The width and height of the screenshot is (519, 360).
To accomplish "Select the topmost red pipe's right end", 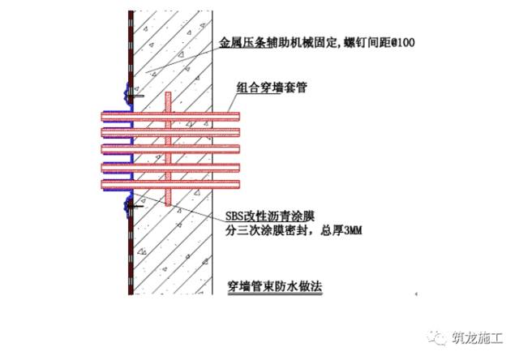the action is coord(238,114).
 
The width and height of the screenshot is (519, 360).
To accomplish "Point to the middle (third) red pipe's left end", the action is coord(103,150).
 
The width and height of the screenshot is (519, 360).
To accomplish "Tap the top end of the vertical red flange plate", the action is coord(168,95).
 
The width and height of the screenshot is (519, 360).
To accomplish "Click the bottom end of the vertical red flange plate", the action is coord(168,205).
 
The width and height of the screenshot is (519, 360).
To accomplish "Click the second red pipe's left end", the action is coord(103,132).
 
